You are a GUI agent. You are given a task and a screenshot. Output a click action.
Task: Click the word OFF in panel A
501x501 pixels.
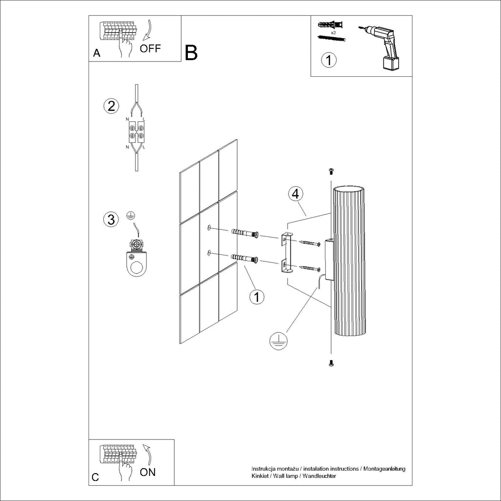150,48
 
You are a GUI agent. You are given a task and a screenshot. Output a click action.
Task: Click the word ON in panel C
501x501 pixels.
148,472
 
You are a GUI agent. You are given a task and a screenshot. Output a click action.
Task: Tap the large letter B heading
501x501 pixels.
191,52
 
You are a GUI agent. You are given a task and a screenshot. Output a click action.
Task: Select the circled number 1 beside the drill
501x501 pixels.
328,61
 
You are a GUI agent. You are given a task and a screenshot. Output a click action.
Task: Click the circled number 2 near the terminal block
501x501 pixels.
111,106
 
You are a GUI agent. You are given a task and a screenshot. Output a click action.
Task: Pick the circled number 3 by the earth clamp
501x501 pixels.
111,220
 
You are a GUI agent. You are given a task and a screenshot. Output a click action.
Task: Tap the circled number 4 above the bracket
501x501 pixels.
295,194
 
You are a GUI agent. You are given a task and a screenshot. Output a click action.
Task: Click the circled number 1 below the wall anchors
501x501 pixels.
257,296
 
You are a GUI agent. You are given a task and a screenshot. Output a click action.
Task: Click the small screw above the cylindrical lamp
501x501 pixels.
331,171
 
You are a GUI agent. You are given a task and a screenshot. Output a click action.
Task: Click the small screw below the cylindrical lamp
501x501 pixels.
331,363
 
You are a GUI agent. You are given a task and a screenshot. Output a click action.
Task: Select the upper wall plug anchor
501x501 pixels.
245,233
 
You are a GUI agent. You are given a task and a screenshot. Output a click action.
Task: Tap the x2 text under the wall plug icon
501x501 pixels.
333,32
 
